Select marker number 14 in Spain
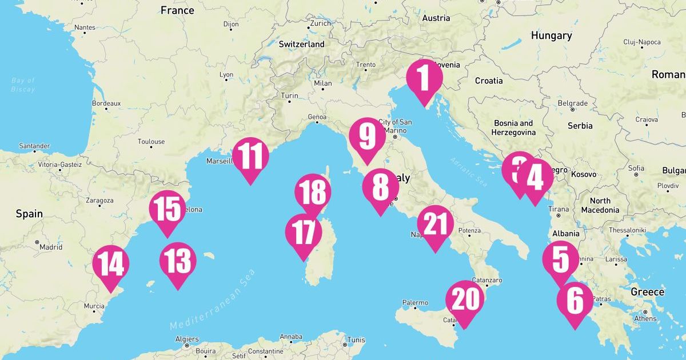tap(110, 264)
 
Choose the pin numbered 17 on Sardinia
tap(303, 233)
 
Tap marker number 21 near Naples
tap(434, 225)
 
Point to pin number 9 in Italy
tap(367, 137)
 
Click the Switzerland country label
tap(301, 44)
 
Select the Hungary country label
tap(551, 35)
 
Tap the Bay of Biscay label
tap(23, 85)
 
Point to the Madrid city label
tap(51, 247)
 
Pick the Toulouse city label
tap(151, 141)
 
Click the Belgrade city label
tap(572, 103)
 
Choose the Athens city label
tap(645, 318)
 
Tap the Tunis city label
tap(356, 340)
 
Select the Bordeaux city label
tap(106, 103)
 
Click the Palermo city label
tap(415, 302)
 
